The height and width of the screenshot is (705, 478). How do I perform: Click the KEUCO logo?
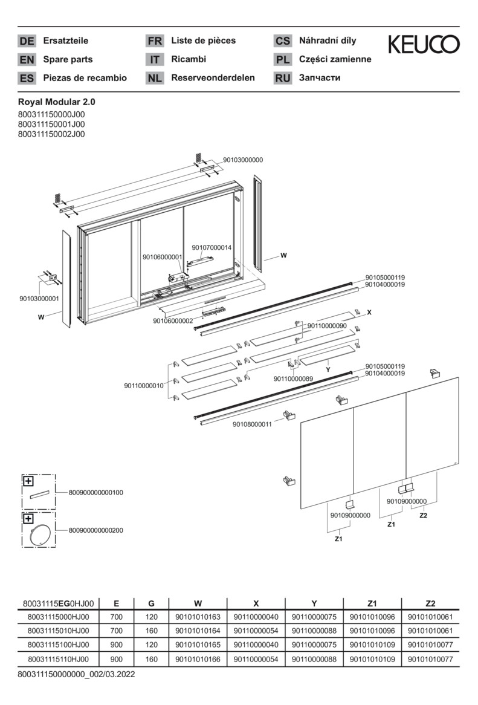[x=423, y=44]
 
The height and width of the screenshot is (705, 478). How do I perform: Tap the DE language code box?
[x=27, y=41]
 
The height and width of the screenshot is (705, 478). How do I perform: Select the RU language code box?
[x=282, y=78]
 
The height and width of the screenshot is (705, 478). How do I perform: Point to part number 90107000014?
[x=212, y=247]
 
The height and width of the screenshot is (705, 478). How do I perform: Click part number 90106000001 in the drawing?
[x=162, y=257]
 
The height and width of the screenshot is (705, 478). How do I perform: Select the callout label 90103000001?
[x=39, y=299]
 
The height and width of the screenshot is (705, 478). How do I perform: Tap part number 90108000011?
[x=252, y=424]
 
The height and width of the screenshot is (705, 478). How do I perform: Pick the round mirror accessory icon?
[x=40, y=536]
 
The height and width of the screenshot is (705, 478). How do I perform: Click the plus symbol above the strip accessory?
[x=28, y=481]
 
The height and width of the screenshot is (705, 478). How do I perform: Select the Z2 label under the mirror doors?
[x=423, y=516]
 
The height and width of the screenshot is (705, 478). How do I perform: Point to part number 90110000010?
[x=144, y=386]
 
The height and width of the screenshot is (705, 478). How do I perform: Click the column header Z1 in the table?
[x=372, y=603]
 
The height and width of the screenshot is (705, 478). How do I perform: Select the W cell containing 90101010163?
[x=198, y=617]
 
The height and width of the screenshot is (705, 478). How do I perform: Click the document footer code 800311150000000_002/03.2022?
[x=76, y=674]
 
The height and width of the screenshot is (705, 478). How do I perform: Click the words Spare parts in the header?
[x=68, y=59]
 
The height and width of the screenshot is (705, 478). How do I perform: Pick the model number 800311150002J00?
[x=52, y=134]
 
